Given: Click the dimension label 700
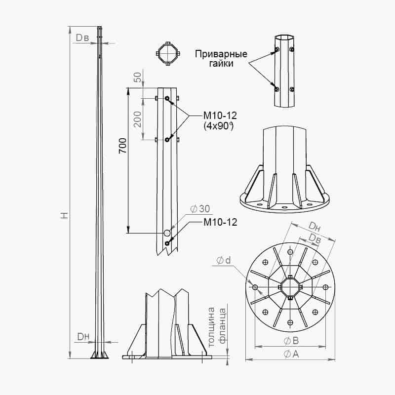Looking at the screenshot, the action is [123, 146].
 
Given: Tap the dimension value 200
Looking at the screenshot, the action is [137, 119].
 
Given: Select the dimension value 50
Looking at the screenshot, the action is [138, 77].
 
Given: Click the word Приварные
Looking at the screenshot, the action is [221, 54].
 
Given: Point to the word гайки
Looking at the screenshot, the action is [221, 64].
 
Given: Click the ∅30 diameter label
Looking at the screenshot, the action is [200, 209].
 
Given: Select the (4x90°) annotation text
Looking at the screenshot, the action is [219, 126].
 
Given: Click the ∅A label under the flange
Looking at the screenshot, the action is [291, 354].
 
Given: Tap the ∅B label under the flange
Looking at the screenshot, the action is [291, 341].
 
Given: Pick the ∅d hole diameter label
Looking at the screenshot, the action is [224, 261].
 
